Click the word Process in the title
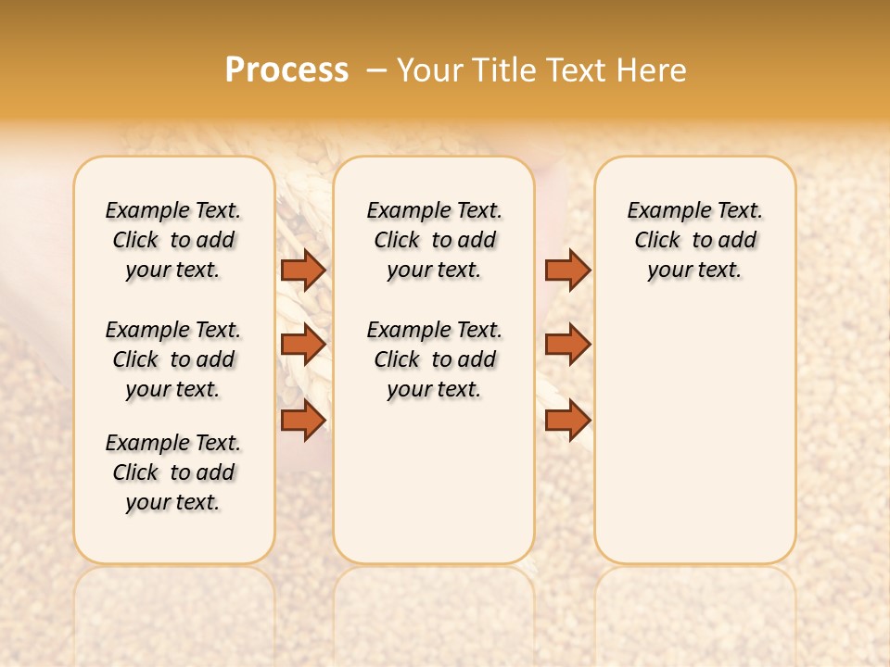tap(286, 70)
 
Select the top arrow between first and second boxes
tap(302, 270)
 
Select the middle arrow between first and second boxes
tap(302, 344)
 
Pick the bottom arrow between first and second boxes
tap(302, 420)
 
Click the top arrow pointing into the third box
tap(567, 270)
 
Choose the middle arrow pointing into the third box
tap(567, 344)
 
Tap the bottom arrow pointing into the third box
tap(567, 420)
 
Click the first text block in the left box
tap(173, 240)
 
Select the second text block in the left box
tap(173, 359)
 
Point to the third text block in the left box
tap(173, 472)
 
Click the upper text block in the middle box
tap(434, 240)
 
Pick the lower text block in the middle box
tap(434, 359)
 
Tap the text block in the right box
tap(694, 240)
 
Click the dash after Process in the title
tap(376, 70)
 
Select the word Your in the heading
tap(429, 70)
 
